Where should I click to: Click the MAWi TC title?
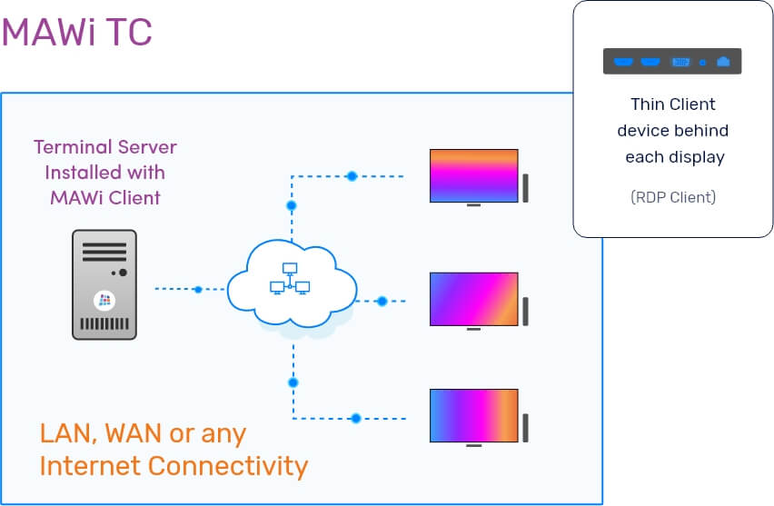point(76,33)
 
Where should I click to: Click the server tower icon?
point(104,284)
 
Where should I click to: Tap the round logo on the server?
point(104,299)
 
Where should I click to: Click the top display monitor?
point(473,175)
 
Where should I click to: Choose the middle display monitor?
point(473,298)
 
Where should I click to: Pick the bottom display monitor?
point(473,416)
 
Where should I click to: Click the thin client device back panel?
point(672,62)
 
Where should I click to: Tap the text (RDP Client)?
point(672,197)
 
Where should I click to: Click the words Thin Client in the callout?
point(672,104)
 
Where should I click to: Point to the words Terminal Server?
point(104,146)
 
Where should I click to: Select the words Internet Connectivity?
point(174,466)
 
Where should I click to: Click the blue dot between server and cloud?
point(198,290)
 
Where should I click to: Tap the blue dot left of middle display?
point(382,301)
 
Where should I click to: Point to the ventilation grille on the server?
point(104,323)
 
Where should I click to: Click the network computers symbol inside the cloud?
point(290,280)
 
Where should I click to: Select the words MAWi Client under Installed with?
point(104,197)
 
